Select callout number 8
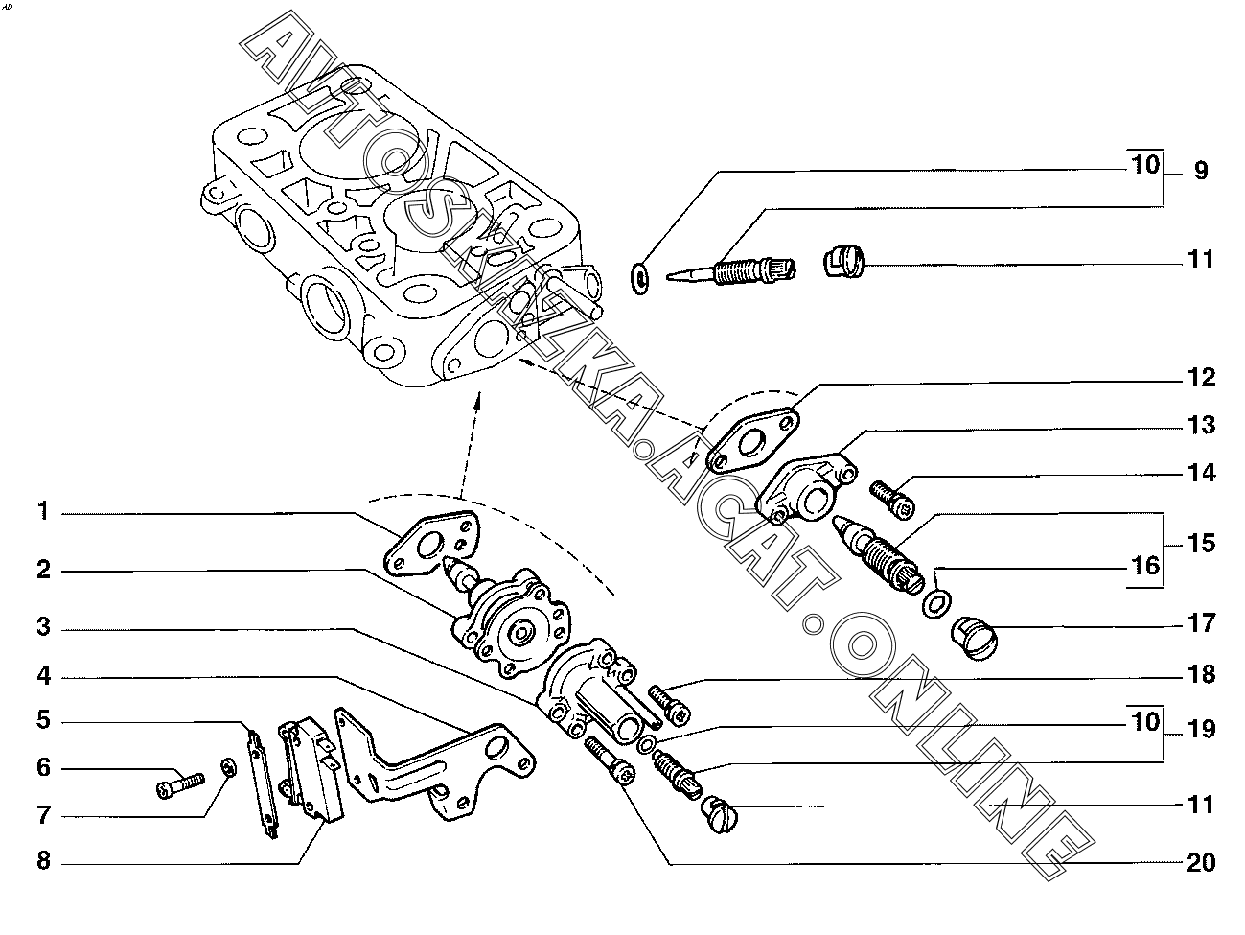(44, 860)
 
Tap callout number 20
(1201, 862)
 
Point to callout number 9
(1201, 170)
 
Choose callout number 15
(1201, 543)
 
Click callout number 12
(1201, 377)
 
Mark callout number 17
(1201, 623)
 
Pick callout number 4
(44, 676)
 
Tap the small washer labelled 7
(229, 769)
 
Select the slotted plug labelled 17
(975, 639)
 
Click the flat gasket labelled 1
(432, 544)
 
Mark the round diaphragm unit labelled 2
(506, 621)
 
